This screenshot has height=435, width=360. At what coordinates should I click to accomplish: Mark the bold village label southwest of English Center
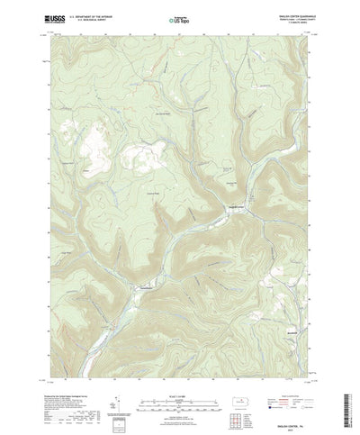(143, 261)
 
